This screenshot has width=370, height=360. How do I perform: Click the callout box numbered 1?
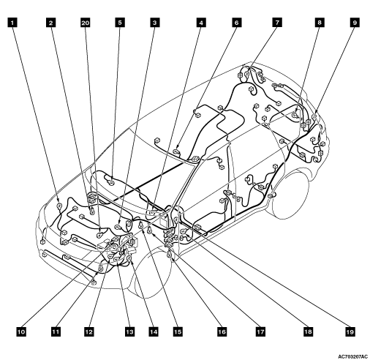click(x=12, y=23)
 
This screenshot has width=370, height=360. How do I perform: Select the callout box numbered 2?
click(x=50, y=23)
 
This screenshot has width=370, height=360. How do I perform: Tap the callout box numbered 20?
click(x=86, y=23)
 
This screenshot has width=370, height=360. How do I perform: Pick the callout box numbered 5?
click(x=120, y=23)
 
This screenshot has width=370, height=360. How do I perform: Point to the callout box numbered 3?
click(x=154, y=23)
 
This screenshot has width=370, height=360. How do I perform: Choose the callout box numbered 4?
click(x=201, y=23)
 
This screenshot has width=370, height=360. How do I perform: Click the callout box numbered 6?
click(x=236, y=23)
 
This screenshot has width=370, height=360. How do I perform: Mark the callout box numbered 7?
click(x=277, y=23)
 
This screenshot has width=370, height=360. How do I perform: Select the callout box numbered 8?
click(x=320, y=23)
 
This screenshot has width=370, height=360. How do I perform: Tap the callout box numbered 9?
click(x=355, y=23)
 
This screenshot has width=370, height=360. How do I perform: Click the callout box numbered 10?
click(x=21, y=331)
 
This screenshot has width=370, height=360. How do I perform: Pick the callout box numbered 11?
click(x=56, y=331)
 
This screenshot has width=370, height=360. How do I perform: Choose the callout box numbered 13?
click(x=129, y=331)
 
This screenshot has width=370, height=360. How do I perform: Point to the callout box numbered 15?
click(x=178, y=331)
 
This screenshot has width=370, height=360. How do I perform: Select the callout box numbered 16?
click(x=222, y=331)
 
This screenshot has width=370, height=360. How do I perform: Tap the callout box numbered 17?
click(x=260, y=331)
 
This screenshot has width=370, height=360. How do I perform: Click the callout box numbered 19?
click(x=350, y=331)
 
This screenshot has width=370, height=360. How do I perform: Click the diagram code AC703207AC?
click(x=352, y=356)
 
